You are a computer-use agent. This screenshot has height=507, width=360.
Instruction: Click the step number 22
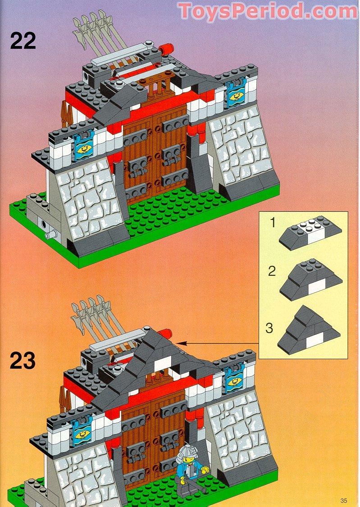(x=23, y=41)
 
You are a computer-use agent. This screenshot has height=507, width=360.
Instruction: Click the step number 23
(x=23, y=361)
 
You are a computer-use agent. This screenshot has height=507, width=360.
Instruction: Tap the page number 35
(x=344, y=500)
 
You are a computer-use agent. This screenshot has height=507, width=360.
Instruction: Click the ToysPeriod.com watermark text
(x=268, y=11)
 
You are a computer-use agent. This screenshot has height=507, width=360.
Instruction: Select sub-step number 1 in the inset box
(x=272, y=222)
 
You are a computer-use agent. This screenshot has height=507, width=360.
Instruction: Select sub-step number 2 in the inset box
(x=272, y=271)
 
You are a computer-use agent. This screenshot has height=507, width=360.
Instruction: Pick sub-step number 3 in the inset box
(x=269, y=328)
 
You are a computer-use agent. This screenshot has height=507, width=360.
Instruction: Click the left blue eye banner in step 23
(x=82, y=431)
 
